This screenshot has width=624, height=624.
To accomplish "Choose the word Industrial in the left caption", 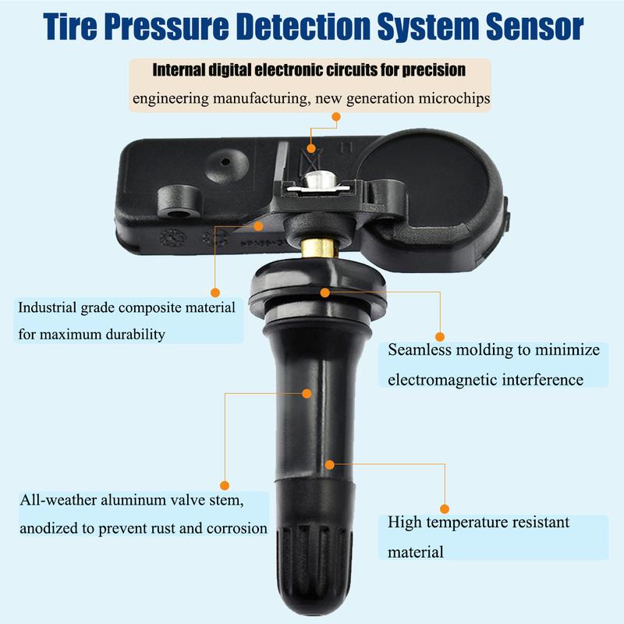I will (x=49, y=307).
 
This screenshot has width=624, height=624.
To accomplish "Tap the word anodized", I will (x=48, y=527).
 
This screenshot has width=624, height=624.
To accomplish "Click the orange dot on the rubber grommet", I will (x=325, y=292).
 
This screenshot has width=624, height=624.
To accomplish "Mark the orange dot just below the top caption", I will (x=336, y=117).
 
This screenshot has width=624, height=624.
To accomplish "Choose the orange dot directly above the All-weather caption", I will (x=225, y=484).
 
